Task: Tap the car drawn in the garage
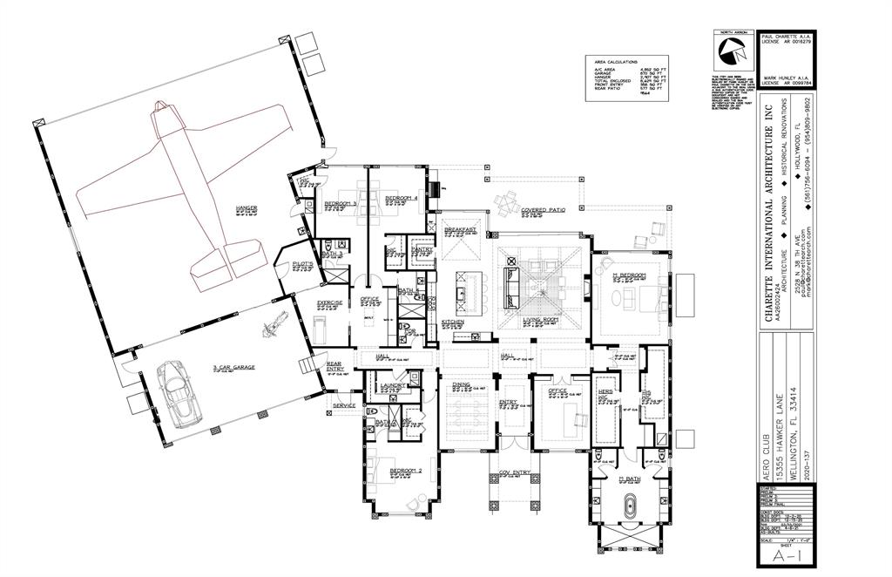[179, 394]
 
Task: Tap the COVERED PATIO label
[544, 210]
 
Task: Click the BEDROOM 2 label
[405, 472]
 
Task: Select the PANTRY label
[422, 248]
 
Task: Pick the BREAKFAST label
[460, 229]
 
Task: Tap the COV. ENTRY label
[514, 472]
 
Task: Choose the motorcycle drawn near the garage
[271, 325]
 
